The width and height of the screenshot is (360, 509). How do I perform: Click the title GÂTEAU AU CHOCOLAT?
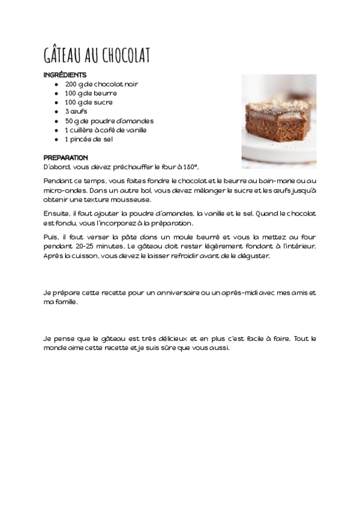97,55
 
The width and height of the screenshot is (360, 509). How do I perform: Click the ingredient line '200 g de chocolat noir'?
101,84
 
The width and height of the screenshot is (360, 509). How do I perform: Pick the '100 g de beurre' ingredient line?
91,94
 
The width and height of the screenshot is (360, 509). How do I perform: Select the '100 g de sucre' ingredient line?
89,103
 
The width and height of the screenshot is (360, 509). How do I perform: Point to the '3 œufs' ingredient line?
76,112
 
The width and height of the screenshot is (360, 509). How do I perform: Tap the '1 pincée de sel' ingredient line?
89,139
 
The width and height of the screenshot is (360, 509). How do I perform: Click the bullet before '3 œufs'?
56,112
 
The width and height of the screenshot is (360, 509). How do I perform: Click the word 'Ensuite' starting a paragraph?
56,213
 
